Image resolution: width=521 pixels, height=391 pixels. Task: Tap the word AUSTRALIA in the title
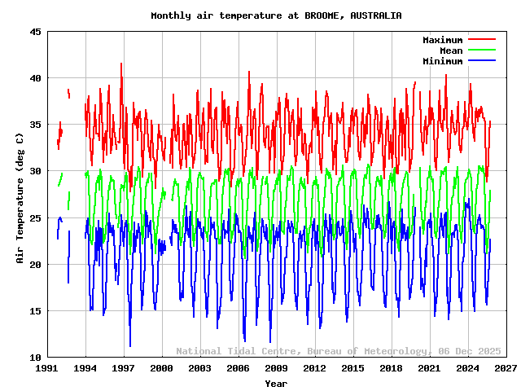375,15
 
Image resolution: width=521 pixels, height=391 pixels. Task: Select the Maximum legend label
442,40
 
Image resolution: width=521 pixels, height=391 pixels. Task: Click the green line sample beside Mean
481,51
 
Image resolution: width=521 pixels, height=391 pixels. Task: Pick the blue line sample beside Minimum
481,61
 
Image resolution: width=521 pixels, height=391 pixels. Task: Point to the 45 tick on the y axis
36,32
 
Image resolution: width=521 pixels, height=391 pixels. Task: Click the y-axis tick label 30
36,171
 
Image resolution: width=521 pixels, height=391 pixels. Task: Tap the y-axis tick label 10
36,358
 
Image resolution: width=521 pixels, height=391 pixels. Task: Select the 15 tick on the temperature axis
36,311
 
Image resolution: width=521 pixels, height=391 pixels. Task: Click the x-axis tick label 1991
48,369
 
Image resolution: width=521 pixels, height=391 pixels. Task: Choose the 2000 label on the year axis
162,369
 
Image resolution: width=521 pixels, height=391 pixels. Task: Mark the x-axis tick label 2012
315,369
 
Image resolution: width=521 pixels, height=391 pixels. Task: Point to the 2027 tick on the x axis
506,369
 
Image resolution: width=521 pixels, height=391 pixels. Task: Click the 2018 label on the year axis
392,369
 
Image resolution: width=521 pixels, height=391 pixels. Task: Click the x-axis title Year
276,383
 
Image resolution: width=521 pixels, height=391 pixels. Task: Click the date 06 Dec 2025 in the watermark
471,351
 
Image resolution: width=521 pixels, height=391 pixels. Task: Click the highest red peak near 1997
121,64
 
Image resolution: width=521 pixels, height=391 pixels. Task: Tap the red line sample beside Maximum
481,40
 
